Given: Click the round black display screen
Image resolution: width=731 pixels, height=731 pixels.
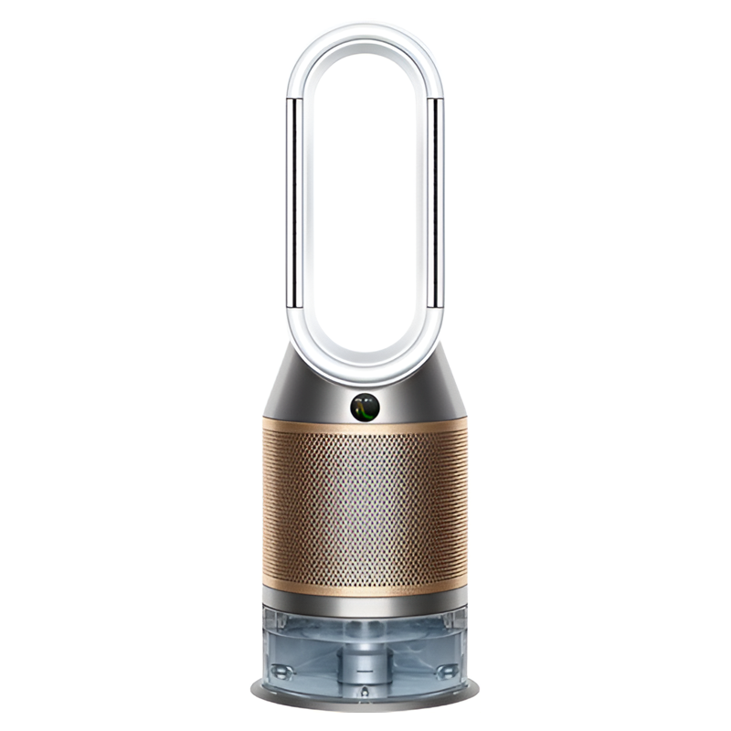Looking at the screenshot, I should click(x=365, y=407).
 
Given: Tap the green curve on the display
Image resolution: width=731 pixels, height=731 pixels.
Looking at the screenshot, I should click(x=367, y=408).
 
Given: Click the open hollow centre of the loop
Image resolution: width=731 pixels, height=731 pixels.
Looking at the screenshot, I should click(x=365, y=201).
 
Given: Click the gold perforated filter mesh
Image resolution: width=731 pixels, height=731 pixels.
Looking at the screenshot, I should click(x=365, y=512).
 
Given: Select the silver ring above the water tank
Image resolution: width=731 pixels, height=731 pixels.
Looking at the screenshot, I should click(x=365, y=602).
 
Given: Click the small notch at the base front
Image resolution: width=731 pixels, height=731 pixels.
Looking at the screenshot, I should click(x=365, y=696).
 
